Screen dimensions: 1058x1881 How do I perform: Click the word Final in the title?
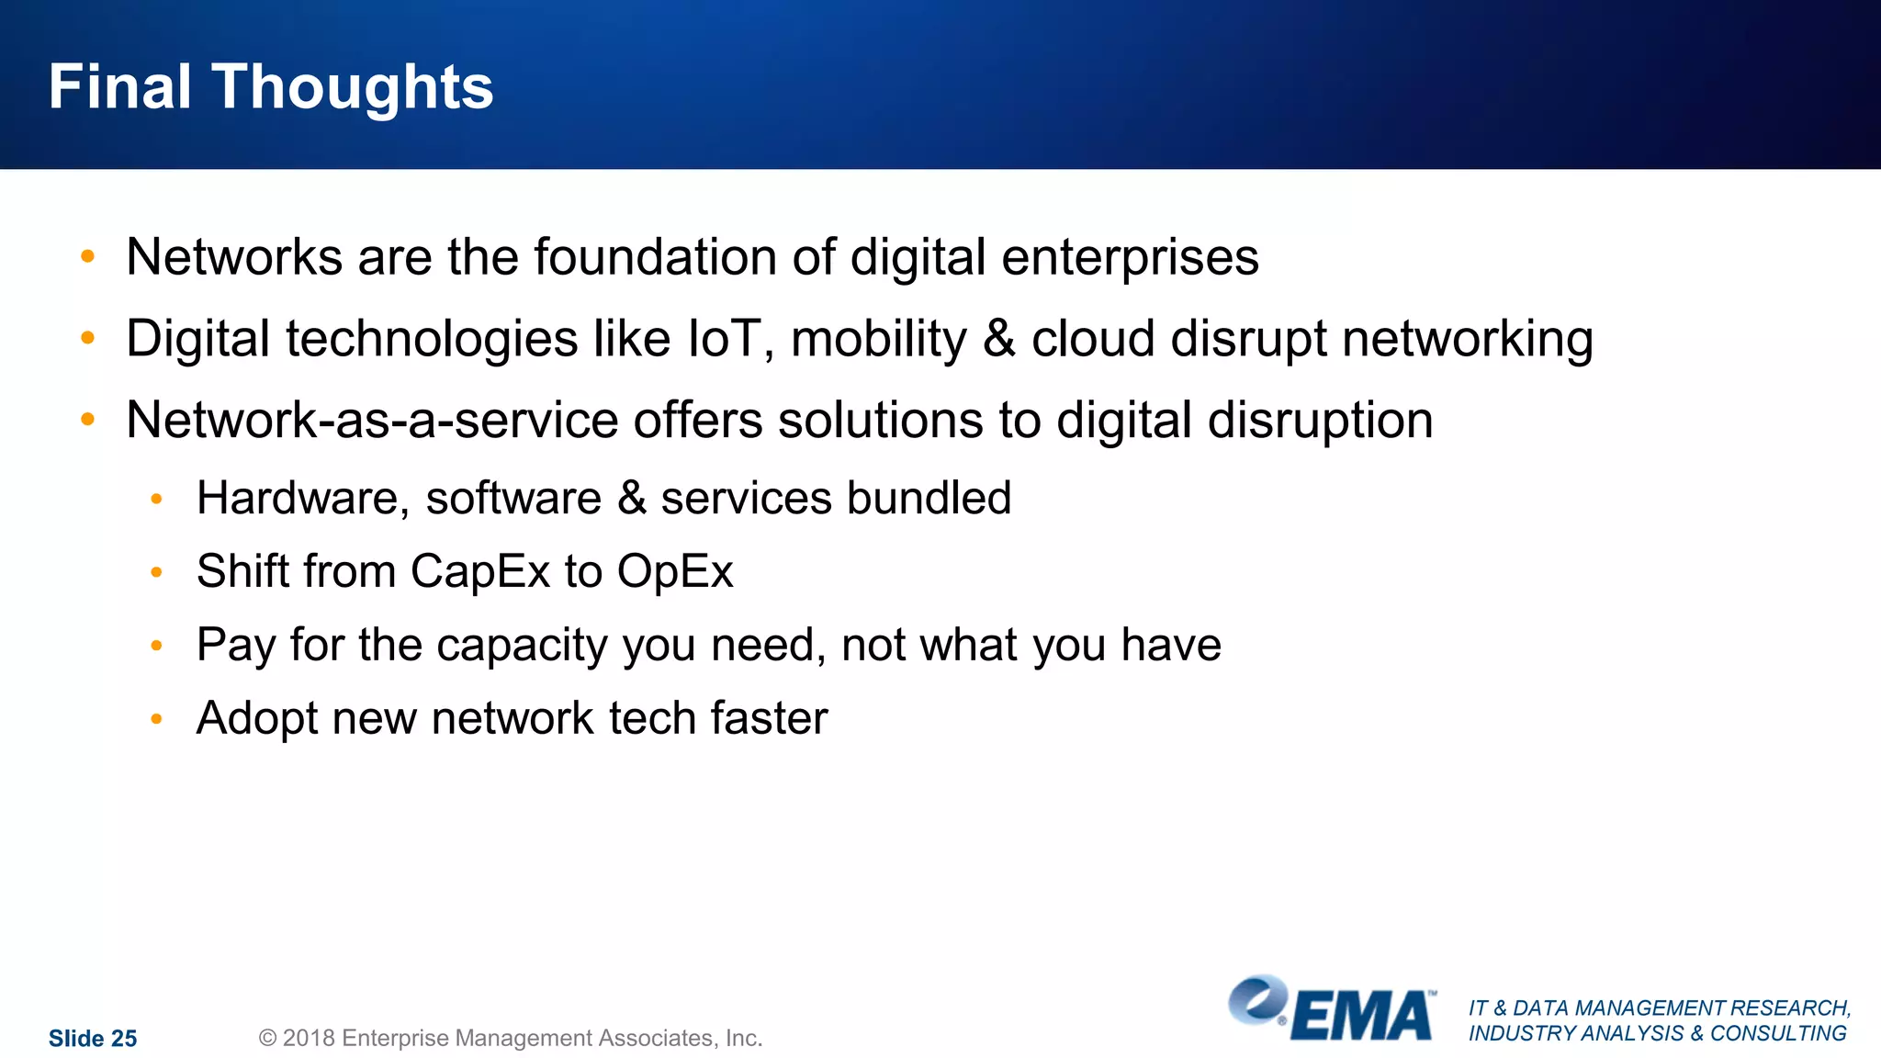click(x=120, y=87)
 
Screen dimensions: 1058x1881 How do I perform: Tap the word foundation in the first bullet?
click(x=655, y=257)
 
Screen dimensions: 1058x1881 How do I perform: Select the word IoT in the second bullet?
click(x=724, y=339)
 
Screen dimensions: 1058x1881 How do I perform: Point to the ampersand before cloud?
click(x=999, y=339)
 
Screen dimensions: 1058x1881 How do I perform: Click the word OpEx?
click(x=675, y=572)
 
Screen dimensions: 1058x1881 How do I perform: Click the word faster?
click(x=769, y=718)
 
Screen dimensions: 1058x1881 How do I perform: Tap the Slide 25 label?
click(x=93, y=1039)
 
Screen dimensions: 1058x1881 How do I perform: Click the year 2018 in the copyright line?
click(x=308, y=1039)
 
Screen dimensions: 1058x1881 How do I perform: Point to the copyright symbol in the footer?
click(x=267, y=1039)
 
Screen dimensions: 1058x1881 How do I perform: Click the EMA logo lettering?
click(x=1362, y=1017)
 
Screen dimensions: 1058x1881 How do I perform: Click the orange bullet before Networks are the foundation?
click(x=88, y=257)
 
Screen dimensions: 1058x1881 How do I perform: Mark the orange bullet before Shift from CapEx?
click(x=157, y=572)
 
